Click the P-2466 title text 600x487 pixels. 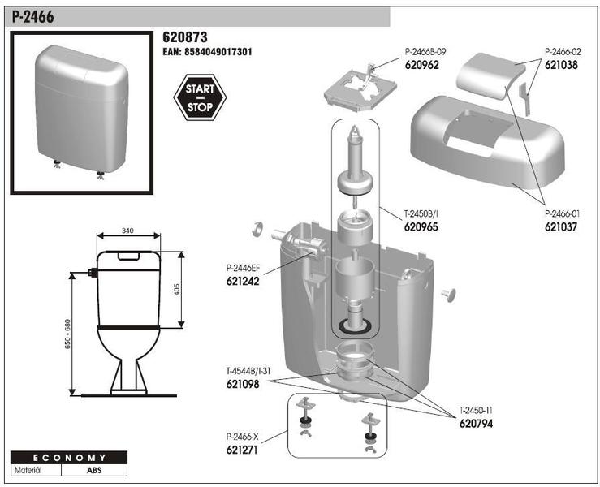coord(34,16)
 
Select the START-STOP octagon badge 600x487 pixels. coord(200,98)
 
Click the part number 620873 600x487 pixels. coord(186,37)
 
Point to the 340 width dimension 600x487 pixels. coord(127,231)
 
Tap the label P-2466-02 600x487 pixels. coord(561,50)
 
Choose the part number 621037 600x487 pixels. coord(560,227)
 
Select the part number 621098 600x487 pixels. coord(243,385)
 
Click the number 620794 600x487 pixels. coord(476,423)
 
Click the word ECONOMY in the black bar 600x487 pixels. coord(70,458)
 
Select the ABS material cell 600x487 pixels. coord(95,470)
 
